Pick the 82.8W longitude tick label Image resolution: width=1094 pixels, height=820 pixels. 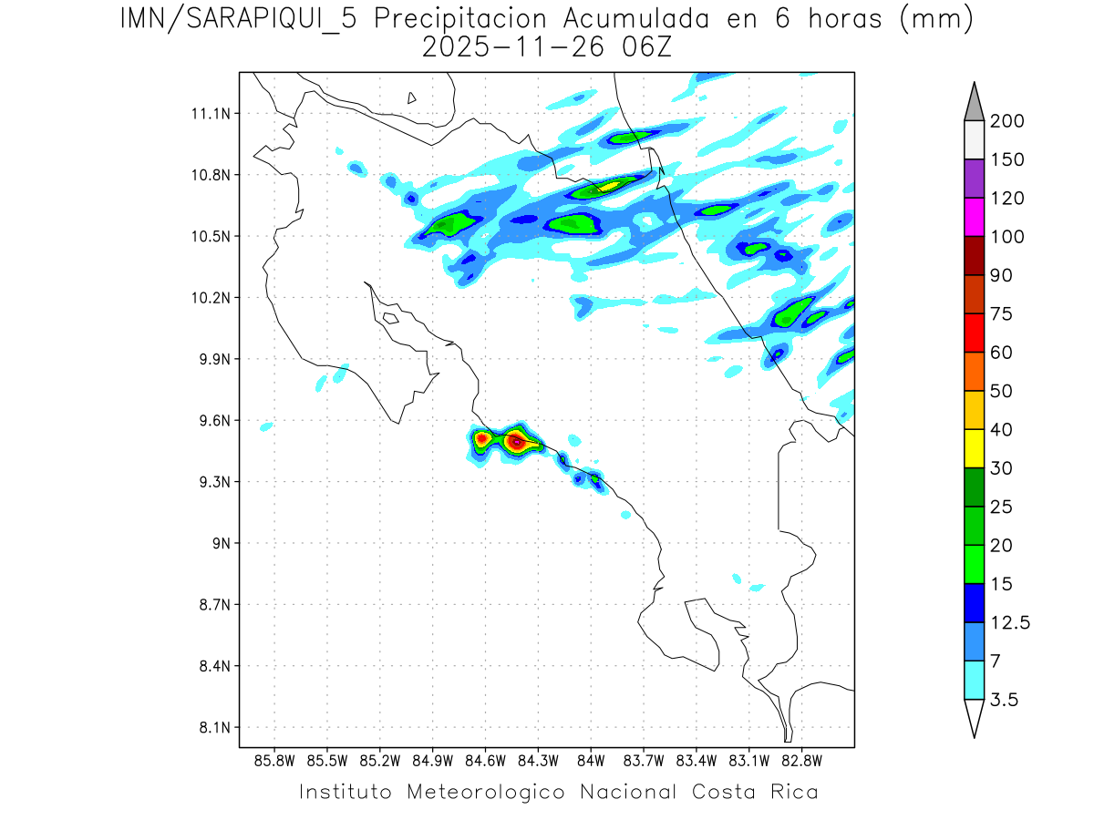point(801,760)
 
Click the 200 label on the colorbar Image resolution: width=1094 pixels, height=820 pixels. point(1007,121)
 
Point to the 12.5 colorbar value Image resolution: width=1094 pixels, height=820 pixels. point(1010,622)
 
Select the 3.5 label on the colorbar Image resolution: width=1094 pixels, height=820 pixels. point(1004,700)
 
